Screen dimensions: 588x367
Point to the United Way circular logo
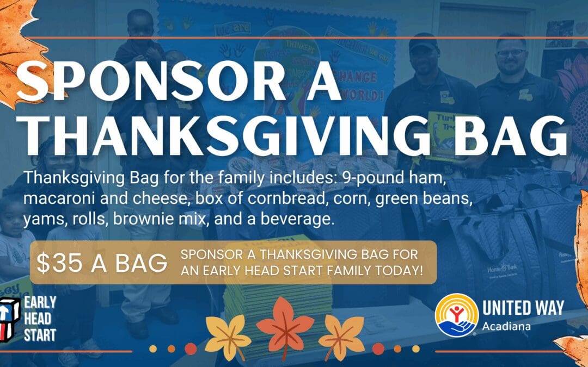click(457, 315)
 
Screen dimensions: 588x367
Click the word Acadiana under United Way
click(506, 326)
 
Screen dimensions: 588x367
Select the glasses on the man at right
click(511, 53)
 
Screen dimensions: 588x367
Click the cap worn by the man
click(423, 42)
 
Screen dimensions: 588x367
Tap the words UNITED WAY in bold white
click(523, 307)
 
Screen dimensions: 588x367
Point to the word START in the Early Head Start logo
click(40, 335)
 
